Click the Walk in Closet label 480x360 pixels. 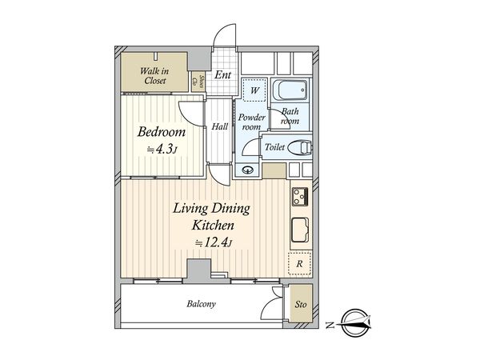click(x=154, y=76)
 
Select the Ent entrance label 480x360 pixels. click(x=222, y=74)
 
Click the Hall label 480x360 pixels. click(x=220, y=126)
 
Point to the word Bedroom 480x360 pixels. click(x=162, y=132)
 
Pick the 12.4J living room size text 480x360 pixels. click(x=214, y=243)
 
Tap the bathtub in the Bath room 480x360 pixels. click(x=290, y=90)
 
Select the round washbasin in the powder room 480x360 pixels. click(x=248, y=170)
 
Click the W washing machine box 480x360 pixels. click(x=254, y=90)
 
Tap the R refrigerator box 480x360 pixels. click(x=300, y=263)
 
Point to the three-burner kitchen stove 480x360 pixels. click(x=300, y=197)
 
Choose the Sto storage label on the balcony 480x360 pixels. click(x=301, y=304)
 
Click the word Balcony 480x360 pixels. click(x=201, y=304)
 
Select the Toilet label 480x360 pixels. click(x=274, y=147)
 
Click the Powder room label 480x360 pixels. click(x=252, y=122)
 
